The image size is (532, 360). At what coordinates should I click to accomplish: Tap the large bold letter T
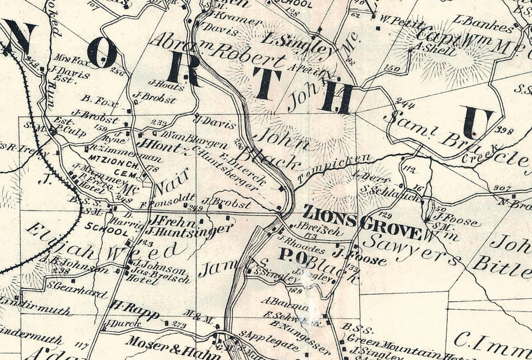pyautogui.click(x=266, y=83)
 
